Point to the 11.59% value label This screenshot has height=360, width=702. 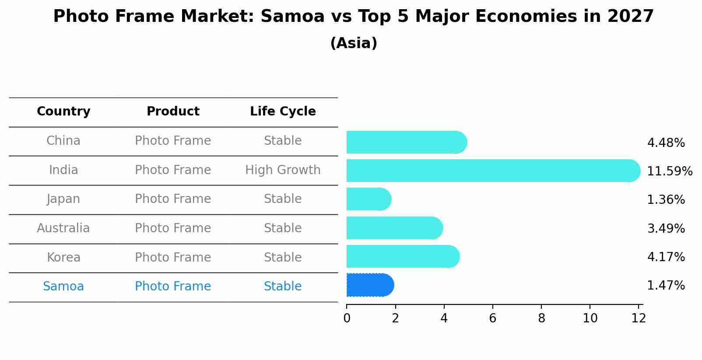tap(669, 171)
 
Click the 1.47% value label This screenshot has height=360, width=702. tap(666, 286)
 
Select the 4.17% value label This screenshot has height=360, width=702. tap(666, 257)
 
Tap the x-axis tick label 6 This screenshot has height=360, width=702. tap(493, 318)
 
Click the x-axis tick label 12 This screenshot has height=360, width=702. tap(639, 318)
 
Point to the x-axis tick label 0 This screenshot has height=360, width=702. tap(347, 318)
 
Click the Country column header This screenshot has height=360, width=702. tap(63, 112)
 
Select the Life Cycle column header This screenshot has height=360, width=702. tap(283, 112)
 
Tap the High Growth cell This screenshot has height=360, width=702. tap(283, 170)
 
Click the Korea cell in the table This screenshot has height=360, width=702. tap(63, 258)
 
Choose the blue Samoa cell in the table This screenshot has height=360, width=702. tap(63, 287)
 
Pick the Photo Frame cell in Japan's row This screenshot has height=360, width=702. tap(173, 199)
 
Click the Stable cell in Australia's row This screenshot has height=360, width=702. tap(283, 228)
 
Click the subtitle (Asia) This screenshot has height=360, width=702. tap(354, 43)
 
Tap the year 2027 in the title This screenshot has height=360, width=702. tap(630, 17)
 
